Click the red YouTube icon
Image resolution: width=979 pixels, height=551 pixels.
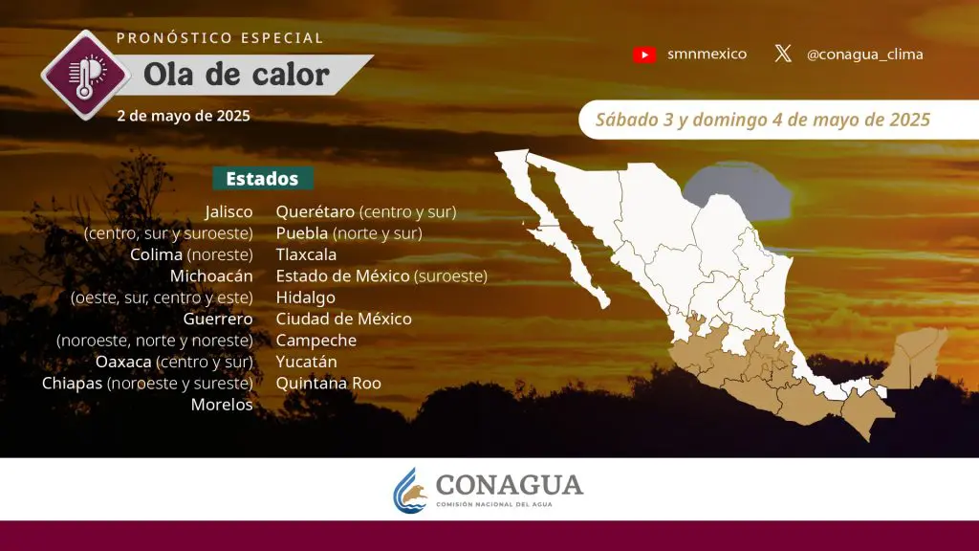point(644,55)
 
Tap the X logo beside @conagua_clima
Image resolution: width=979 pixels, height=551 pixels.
point(783,54)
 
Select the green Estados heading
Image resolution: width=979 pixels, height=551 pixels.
point(262,179)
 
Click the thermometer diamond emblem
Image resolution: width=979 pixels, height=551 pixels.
point(86,75)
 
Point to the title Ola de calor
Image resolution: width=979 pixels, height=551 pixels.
point(236,75)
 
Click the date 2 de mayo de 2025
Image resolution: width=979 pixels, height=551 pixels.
point(184,116)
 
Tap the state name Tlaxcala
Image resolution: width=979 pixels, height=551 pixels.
point(306,254)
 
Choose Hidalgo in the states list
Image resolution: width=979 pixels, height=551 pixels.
point(305,298)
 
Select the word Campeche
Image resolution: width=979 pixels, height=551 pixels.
point(315,341)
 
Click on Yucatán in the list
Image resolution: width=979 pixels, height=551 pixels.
point(306,362)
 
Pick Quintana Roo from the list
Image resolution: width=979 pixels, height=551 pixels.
point(329,384)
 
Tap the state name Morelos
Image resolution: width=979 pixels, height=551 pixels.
point(222,405)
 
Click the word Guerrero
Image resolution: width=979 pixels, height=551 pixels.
point(218,320)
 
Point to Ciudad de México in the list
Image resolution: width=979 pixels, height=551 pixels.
point(344,320)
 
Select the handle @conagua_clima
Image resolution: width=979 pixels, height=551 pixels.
point(864,55)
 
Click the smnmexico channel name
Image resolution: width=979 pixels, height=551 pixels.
point(707,55)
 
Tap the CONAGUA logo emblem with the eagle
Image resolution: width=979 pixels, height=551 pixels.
point(409,491)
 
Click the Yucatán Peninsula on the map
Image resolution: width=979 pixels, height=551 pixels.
point(915,360)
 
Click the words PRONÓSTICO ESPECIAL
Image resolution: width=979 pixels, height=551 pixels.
point(220,38)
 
